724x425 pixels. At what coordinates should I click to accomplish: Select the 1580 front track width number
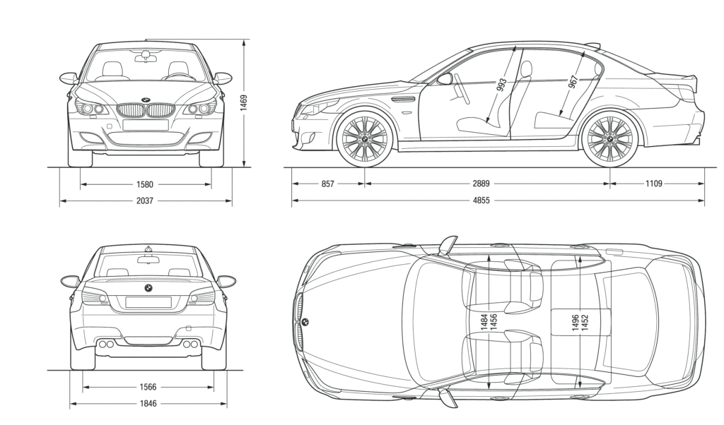[x=146, y=185]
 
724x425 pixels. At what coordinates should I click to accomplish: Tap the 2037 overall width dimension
[x=146, y=201]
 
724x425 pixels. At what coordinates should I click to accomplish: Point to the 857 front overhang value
[x=327, y=184]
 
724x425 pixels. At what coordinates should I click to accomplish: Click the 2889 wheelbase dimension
[x=481, y=184]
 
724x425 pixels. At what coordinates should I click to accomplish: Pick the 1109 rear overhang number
[x=653, y=184]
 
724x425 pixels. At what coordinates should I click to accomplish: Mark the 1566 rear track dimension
[x=148, y=387]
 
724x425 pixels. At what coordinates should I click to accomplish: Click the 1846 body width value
[x=148, y=404]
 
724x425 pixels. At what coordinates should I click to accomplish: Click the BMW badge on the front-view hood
[x=146, y=100]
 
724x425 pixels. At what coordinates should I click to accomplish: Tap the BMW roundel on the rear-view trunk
[x=148, y=287]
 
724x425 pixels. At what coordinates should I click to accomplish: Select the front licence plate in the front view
[x=146, y=125]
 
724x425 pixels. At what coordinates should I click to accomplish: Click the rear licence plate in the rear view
[x=148, y=302]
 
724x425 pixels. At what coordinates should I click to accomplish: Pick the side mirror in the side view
[x=445, y=78]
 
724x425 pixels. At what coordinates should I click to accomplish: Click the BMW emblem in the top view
[x=305, y=323]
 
